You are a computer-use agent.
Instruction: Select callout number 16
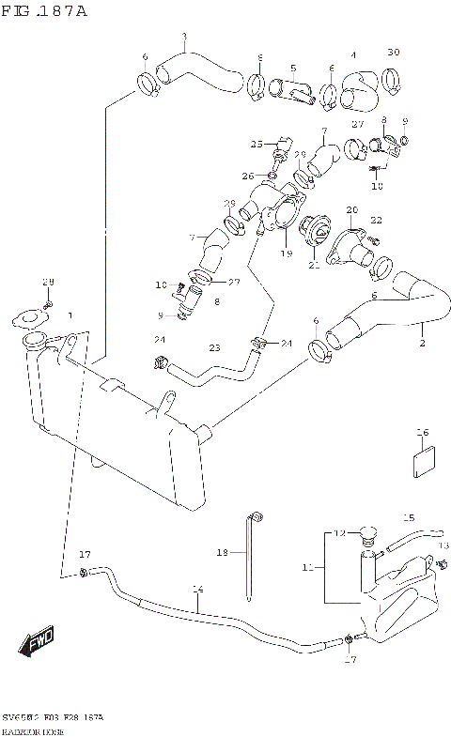click(423, 433)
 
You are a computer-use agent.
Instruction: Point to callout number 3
click(184, 37)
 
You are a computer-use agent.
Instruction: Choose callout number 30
click(394, 52)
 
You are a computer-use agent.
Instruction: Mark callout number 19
click(287, 253)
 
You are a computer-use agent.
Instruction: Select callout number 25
click(256, 144)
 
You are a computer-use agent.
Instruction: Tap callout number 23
click(214, 347)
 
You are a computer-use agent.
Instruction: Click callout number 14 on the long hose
click(197, 590)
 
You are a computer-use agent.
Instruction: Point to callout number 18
click(223, 554)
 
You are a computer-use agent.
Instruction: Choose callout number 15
click(408, 517)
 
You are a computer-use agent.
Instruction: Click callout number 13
click(444, 545)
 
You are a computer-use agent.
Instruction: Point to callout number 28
click(48, 283)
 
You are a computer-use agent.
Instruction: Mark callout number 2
click(422, 344)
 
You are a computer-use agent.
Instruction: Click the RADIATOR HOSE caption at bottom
click(34, 729)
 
